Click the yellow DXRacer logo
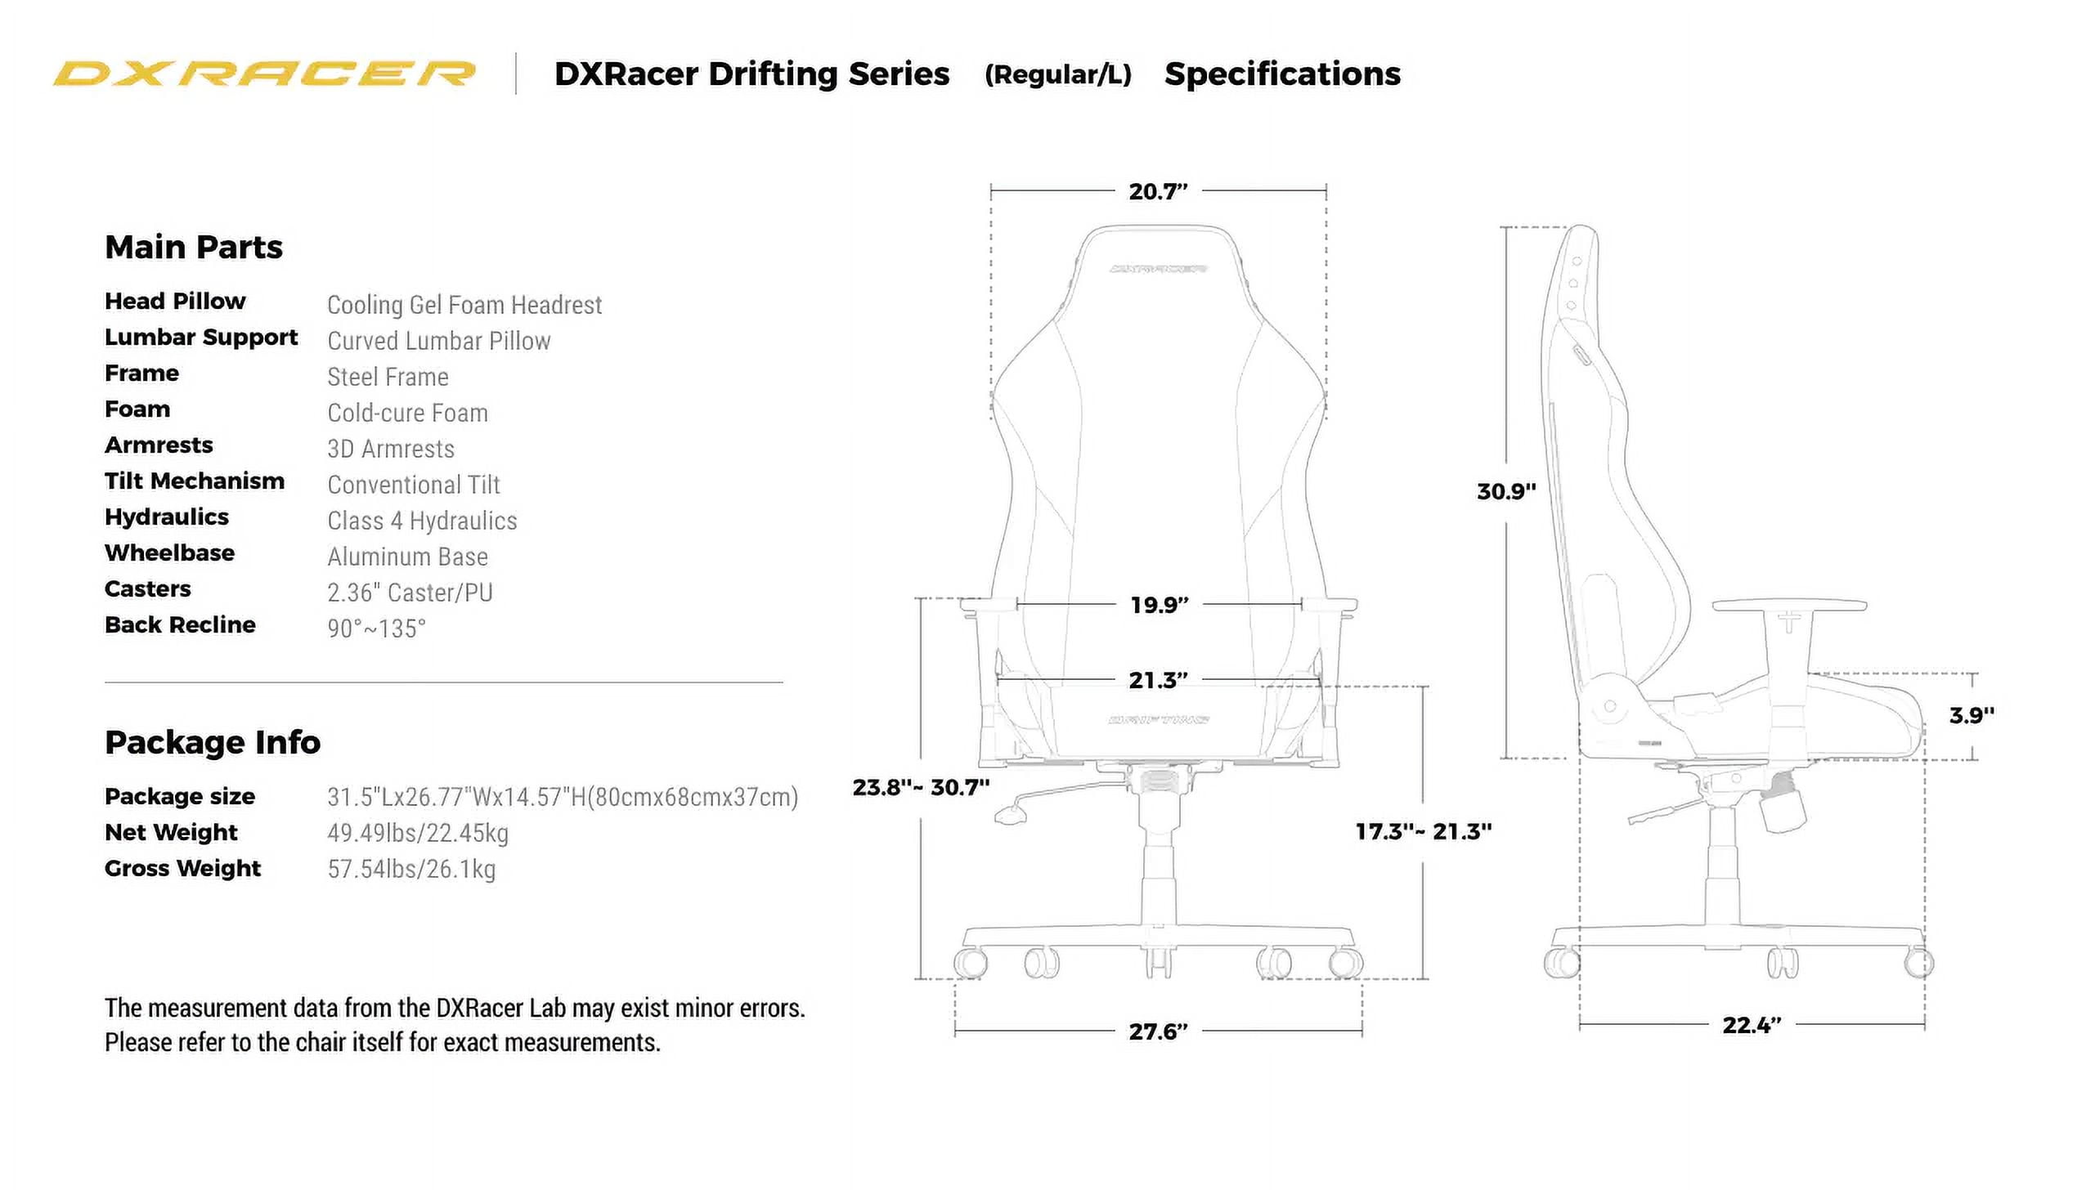pyautogui.click(x=264, y=74)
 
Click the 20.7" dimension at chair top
pyautogui.click(x=1158, y=191)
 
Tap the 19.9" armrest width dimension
pyautogui.click(x=1159, y=605)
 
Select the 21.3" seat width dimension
pyautogui.click(x=1158, y=680)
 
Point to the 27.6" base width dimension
pyautogui.click(x=1158, y=1031)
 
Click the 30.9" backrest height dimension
pyautogui.click(x=1506, y=491)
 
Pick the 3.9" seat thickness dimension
pyautogui.click(x=1972, y=715)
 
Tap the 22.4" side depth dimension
pyautogui.click(x=1752, y=1025)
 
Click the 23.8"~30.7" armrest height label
pyautogui.click(x=921, y=787)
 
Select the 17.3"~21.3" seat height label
pyautogui.click(x=1423, y=831)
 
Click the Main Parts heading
pyautogui.click(x=194, y=247)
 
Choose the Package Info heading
pyautogui.click(x=213, y=742)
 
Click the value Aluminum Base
pyautogui.click(x=407, y=557)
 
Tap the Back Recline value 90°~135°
pyautogui.click(x=376, y=629)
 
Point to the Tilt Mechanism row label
pyautogui.click(x=195, y=481)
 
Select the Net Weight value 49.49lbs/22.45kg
pyautogui.click(x=418, y=833)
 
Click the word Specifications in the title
pyautogui.click(x=1282, y=74)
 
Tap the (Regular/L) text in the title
pyautogui.click(x=1057, y=74)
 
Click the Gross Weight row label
pyautogui.click(x=182, y=868)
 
